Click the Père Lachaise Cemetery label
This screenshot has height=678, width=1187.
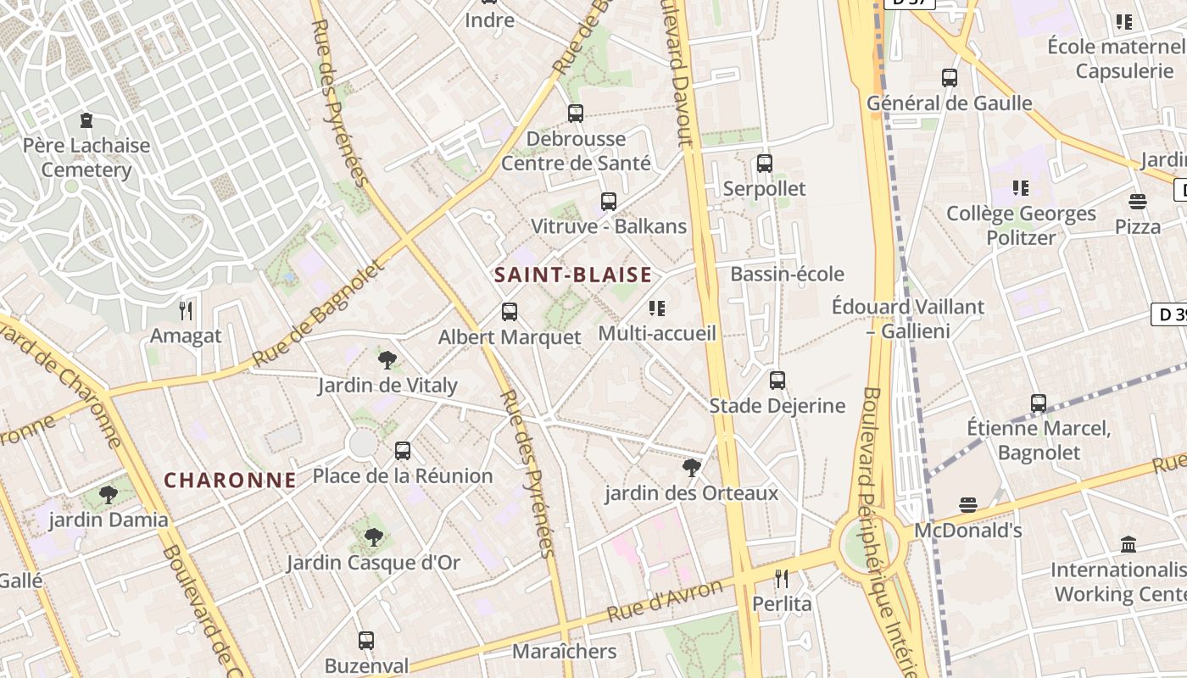(x=86, y=158)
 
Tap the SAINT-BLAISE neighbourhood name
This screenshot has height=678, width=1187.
(x=573, y=275)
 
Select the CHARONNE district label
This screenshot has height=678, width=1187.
(x=230, y=481)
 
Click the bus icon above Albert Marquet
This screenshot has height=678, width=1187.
(x=510, y=312)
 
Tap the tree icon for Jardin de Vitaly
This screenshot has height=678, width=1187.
(x=387, y=360)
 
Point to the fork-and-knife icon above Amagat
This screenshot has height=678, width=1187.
(x=187, y=311)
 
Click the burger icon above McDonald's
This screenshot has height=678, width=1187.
(x=968, y=506)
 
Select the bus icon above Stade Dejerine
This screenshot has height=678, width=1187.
(x=777, y=381)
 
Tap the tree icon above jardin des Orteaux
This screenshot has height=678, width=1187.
(x=692, y=467)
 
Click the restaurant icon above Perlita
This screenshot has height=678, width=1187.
(x=782, y=579)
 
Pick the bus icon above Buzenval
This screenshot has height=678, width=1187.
(x=366, y=641)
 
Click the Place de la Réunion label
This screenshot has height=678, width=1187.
(x=403, y=475)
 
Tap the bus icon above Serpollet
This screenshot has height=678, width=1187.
(x=765, y=164)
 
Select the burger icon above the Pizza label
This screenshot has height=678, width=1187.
(x=1138, y=202)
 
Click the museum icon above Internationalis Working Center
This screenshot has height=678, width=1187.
(x=1128, y=544)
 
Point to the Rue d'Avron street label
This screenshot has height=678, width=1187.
(x=666, y=600)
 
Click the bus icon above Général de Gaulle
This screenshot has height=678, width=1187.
(x=950, y=78)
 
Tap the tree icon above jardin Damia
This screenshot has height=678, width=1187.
(x=108, y=494)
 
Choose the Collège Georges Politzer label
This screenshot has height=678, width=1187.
(x=1021, y=225)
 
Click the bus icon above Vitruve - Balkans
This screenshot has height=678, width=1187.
(x=609, y=202)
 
